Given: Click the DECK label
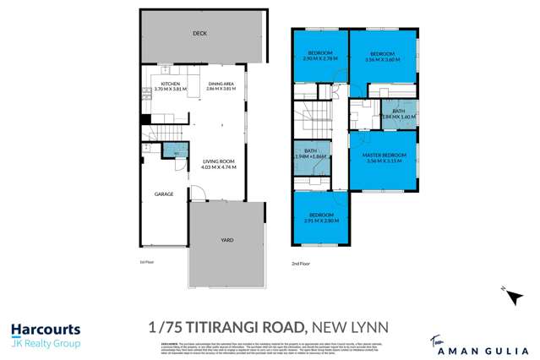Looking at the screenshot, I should point(199,34).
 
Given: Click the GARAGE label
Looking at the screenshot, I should point(163,194).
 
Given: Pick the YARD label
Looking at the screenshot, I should point(226,240).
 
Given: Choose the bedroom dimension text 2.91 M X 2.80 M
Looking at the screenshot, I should point(321,221).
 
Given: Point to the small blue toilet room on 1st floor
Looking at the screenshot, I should point(174,150).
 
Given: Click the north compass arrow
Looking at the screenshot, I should point(505,292).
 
